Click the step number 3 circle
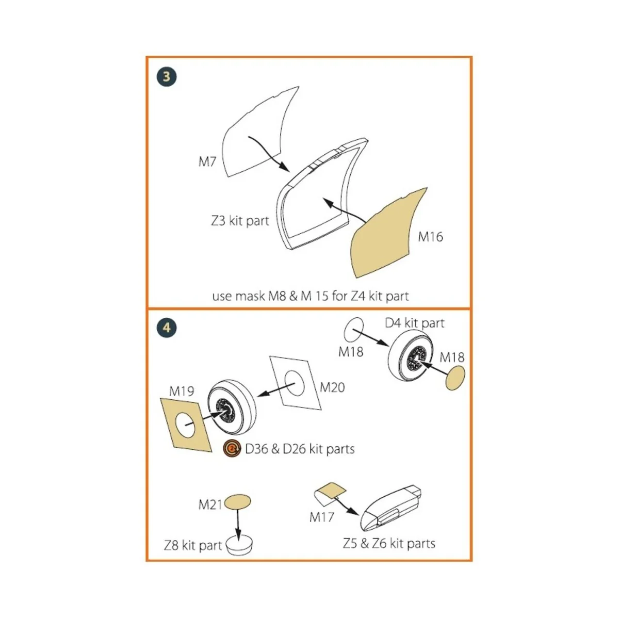coord(167,77)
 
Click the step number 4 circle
coord(167,328)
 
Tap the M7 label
coord(207,161)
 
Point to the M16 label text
coord(430,237)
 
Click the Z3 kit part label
coord(240,221)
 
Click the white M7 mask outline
coord(253,134)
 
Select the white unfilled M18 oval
coord(353,329)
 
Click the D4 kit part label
coord(414,323)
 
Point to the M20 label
coord(332,387)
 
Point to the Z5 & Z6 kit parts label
coord(389,543)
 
